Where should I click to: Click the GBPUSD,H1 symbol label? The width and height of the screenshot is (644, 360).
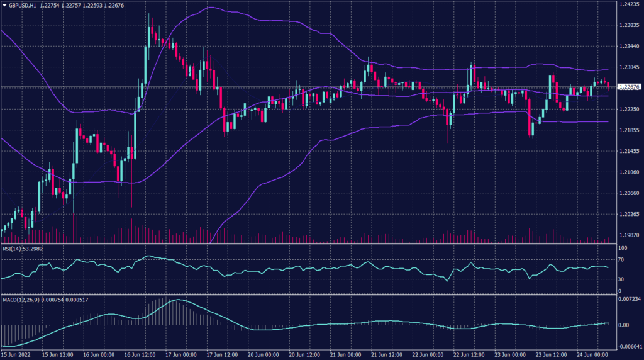(22, 5)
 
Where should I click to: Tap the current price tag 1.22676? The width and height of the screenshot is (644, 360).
(629, 87)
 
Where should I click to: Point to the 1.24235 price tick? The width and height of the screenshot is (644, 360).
(629, 4)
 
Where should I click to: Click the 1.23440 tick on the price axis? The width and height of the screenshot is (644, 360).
(629, 47)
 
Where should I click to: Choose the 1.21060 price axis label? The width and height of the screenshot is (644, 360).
(629, 172)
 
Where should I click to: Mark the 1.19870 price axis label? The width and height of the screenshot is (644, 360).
(629, 235)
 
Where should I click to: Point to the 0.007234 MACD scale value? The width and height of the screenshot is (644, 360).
(630, 299)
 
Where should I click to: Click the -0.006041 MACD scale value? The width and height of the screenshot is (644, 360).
(630, 346)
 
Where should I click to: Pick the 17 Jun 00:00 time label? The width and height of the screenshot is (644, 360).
(177, 354)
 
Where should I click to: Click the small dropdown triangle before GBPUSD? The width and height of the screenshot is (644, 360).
(4, 5)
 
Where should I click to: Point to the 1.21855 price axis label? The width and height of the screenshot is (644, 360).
(629, 130)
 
